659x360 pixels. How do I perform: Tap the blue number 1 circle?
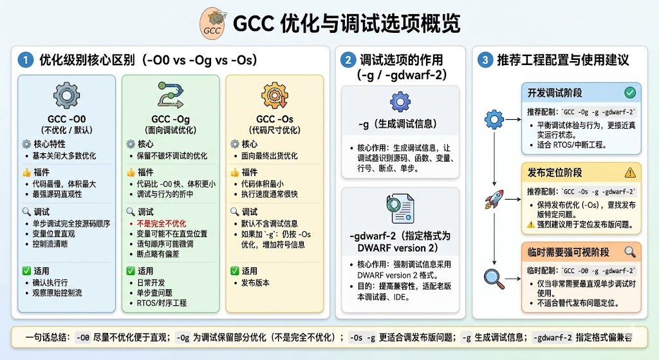point(26,61)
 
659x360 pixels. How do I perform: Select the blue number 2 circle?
point(348,61)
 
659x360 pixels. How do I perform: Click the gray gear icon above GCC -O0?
point(66,96)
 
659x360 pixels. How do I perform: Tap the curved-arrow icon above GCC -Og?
point(170,96)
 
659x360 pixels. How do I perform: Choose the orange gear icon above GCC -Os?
point(274,96)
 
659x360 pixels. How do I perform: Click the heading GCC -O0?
point(66,119)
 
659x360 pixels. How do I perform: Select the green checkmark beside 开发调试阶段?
point(630,93)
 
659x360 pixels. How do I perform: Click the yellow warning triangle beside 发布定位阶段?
point(630,173)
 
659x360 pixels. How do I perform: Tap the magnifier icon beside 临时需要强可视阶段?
point(630,252)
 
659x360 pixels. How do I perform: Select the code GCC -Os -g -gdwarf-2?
point(600,191)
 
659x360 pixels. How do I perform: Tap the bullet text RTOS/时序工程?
point(162,303)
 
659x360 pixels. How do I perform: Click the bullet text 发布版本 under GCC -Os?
point(255,282)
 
